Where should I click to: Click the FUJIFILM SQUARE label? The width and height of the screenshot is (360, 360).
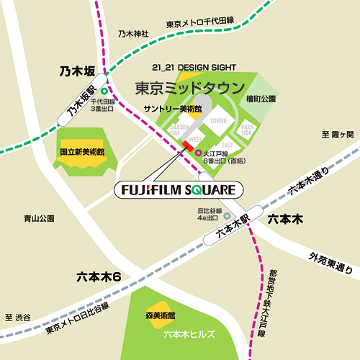pyautogui.click(x=179, y=190)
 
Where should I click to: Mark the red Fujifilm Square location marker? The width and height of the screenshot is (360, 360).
pyautogui.click(x=188, y=147)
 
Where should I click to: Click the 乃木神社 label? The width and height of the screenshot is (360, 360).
pyautogui.click(x=133, y=34)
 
